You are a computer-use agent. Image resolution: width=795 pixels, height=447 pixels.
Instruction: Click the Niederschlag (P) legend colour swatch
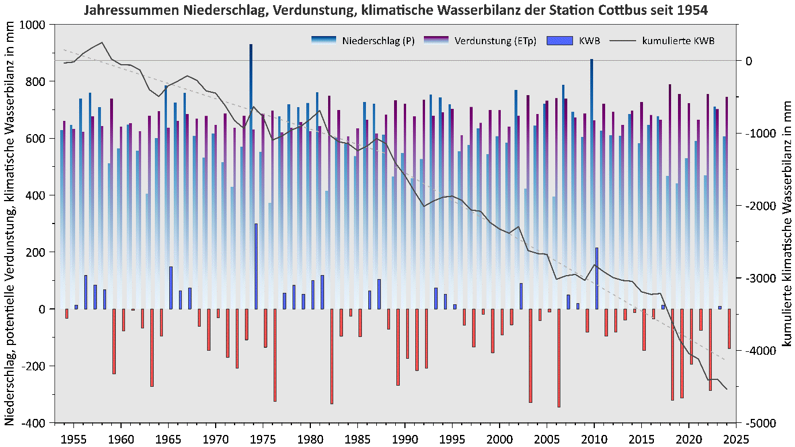coord(324,41)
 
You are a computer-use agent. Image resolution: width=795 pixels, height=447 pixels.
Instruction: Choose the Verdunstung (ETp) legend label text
coord(495,41)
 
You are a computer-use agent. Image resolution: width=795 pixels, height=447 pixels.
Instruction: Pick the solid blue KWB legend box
coord(560,41)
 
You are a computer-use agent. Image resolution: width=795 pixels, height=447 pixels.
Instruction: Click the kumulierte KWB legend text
coord(679,41)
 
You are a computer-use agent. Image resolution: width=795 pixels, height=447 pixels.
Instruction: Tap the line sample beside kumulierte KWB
coord(623,41)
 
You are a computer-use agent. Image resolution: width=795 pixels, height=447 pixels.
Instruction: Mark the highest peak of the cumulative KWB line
coord(102,42)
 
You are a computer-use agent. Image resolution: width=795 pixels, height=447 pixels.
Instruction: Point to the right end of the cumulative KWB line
coord(727,389)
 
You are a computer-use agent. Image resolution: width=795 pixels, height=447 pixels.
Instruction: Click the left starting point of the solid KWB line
coord(64,63)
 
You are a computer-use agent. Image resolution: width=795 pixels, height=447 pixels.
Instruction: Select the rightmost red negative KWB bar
coord(729,328)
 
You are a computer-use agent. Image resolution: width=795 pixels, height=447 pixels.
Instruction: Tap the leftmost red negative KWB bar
coord(67,313)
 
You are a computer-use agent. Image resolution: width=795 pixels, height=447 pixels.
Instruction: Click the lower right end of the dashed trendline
coord(726,360)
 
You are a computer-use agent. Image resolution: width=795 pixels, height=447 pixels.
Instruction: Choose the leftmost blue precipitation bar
coord(62,218)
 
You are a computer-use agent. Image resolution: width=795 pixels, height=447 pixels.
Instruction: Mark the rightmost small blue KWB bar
coord(720,308)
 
